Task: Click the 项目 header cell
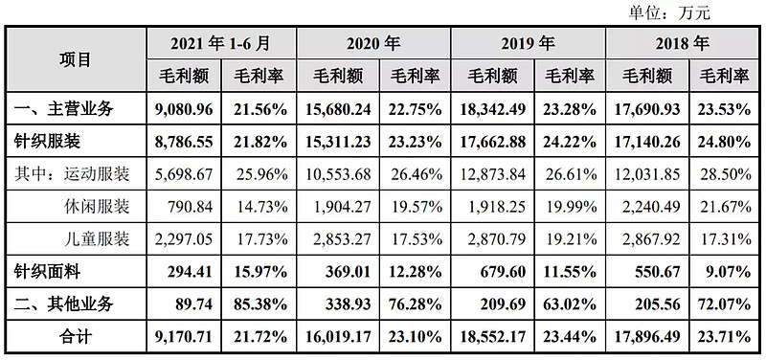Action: click(x=77, y=59)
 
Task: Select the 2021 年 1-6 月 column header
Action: click(x=220, y=43)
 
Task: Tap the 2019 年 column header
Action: click(x=527, y=43)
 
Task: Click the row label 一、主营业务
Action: click(x=64, y=108)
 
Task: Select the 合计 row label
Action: click(x=77, y=337)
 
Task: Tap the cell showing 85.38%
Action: click(x=259, y=304)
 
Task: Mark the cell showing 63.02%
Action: click(x=569, y=304)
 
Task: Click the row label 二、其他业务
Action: click(x=64, y=304)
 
